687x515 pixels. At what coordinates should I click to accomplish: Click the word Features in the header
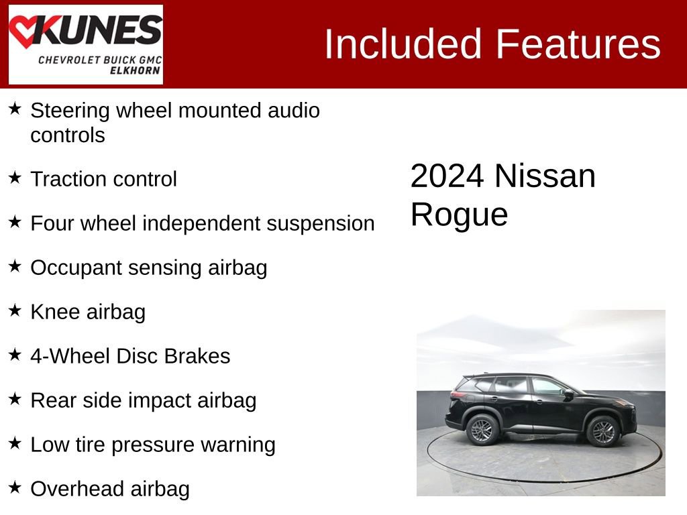click(578, 44)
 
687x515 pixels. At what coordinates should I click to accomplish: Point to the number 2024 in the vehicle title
click(447, 176)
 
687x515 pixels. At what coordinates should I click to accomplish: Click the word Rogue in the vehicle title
click(459, 215)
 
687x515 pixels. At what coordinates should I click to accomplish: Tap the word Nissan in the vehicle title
click(545, 176)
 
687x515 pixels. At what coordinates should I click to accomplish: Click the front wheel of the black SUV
click(602, 431)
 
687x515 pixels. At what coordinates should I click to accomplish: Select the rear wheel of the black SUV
click(482, 430)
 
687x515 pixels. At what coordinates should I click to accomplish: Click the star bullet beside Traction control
click(15, 178)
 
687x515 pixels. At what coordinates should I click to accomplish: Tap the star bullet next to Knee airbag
click(15, 310)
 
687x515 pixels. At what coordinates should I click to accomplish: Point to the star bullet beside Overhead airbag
click(15, 488)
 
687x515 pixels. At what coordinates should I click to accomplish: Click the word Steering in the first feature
click(70, 111)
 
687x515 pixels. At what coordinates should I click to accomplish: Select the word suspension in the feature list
click(321, 223)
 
